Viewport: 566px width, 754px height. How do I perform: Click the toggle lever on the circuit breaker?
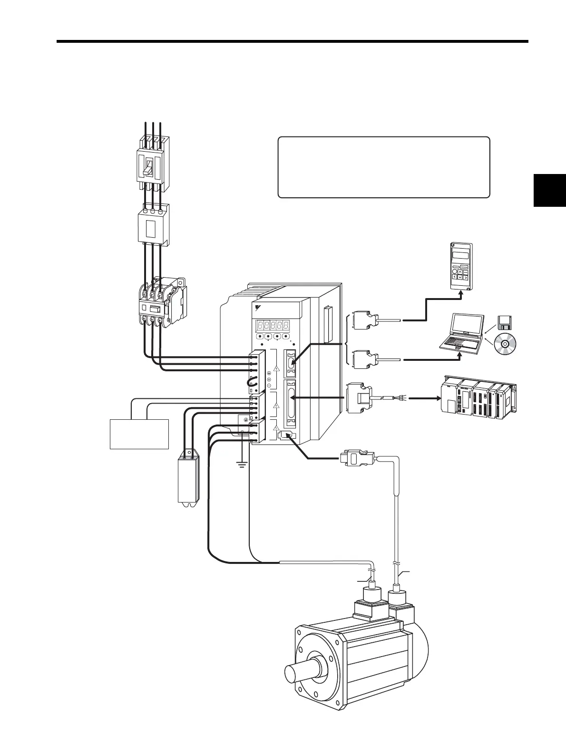[x=148, y=167]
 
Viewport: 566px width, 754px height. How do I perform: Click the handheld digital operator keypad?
[x=461, y=266]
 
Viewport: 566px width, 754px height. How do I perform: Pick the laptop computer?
[x=461, y=333]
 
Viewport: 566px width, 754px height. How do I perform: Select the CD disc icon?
[x=505, y=343]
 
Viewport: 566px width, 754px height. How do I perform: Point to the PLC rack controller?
[x=478, y=399]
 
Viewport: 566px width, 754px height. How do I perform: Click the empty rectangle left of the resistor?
[x=139, y=434]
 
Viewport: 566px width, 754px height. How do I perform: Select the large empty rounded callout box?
[x=383, y=167]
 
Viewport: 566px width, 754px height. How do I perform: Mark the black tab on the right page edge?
[x=550, y=190]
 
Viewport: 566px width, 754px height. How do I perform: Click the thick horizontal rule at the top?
[x=292, y=41]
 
